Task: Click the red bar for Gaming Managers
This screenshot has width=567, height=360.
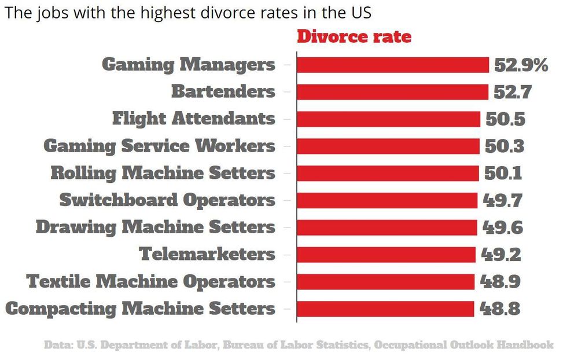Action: pos(393,65)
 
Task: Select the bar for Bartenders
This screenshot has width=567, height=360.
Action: pos(392,91)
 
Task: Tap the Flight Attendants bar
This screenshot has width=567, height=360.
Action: pos(388,119)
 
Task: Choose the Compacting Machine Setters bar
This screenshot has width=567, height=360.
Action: pos(385,308)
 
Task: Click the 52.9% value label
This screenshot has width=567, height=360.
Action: pos(521,65)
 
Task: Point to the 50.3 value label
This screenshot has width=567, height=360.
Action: pos(505,146)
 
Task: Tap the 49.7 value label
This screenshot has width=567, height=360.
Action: pos(503,200)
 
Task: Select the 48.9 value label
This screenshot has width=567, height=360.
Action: pos(500,281)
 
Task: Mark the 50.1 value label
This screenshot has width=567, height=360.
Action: pos(503,173)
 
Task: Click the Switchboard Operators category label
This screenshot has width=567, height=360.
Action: pos(167,200)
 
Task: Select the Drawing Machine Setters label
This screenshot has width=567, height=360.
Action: pos(155,227)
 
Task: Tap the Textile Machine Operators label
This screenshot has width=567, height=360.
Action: pos(150,281)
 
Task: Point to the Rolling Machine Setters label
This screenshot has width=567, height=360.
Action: pos(163,173)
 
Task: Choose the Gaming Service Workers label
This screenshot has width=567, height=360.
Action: pos(159,146)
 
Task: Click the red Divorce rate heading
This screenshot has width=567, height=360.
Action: pos(354,36)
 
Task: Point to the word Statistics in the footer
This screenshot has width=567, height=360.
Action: pos(338,345)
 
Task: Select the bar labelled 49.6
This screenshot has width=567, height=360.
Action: pos(386,227)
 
